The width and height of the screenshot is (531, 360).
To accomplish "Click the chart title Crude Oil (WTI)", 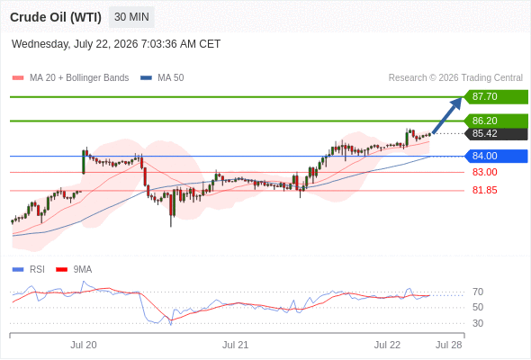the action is click(x=56, y=17).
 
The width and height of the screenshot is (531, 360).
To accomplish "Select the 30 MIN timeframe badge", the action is click(x=131, y=17).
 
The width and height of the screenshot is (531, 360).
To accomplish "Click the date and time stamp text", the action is click(x=116, y=44).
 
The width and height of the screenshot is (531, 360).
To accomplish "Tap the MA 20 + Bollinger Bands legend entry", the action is click(x=70, y=78).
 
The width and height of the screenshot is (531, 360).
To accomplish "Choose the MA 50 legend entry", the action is click(x=162, y=78).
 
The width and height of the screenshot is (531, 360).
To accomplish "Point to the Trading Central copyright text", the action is click(x=455, y=78).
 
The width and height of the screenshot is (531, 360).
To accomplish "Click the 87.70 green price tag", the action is click(x=495, y=97).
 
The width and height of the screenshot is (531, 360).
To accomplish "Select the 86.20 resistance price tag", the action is click(x=495, y=121).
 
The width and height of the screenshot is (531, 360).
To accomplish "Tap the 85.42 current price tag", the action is click(x=495, y=133).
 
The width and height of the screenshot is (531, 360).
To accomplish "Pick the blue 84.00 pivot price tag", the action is click(x=495, y=156).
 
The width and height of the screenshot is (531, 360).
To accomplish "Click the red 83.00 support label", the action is click(x=484, y=172).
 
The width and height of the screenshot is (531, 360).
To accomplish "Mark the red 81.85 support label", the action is click(x=484, y=190).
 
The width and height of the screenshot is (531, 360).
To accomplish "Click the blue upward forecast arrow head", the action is click(x=457, y=103).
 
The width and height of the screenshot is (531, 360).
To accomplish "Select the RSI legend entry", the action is click(x=29, y=270).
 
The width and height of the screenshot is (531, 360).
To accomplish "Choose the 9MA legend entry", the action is click(x=74, y=270).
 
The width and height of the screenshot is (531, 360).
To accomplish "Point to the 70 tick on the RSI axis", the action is click(x=478, y=292).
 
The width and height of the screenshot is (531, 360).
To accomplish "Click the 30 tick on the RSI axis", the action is click(x=478, y=323).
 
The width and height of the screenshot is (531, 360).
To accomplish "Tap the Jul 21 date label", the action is click(x=236, y=345).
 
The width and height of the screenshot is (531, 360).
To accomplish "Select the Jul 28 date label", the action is click(x=449, y=345).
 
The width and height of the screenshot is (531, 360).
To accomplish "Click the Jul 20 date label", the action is click(x=84, y=345).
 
